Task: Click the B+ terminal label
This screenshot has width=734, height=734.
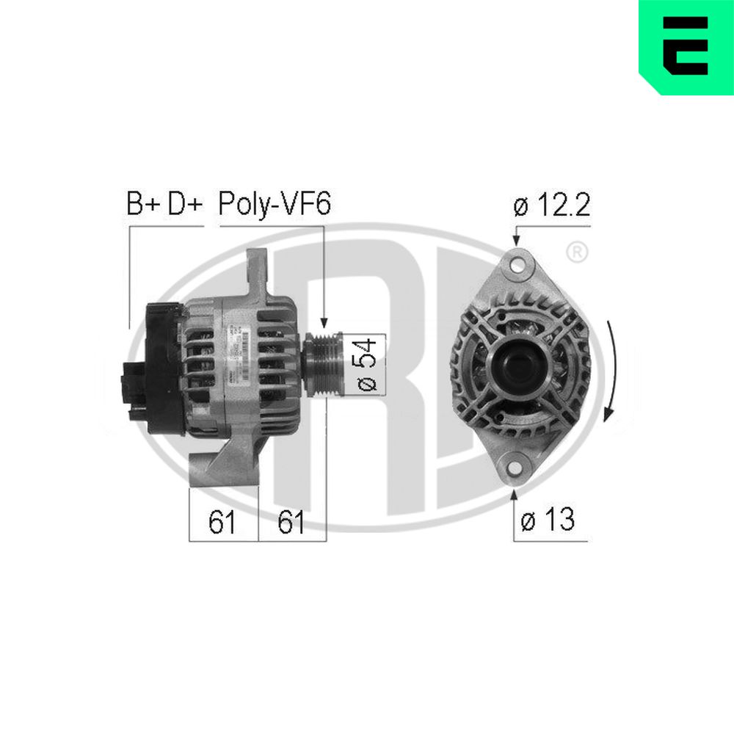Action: click(143, 205)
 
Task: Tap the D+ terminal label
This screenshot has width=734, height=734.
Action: click(183, 205)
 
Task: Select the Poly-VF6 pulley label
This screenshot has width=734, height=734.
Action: click(275, 205)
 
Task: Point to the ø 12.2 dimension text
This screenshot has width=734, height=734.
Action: click(553, 206)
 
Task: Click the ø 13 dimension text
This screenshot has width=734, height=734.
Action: click(548, 520)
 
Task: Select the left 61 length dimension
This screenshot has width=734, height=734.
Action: click(222, 522)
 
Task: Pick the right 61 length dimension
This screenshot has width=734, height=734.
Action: click(291, 522)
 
